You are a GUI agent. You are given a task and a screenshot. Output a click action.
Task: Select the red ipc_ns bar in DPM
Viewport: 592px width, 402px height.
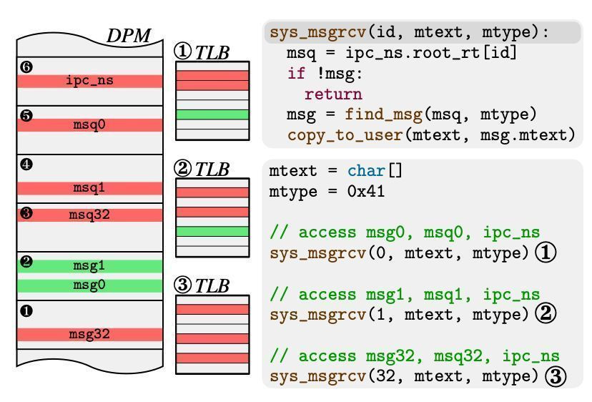click(90, 81)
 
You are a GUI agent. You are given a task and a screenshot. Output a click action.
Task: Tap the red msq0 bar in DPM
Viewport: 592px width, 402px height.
click(90, 124)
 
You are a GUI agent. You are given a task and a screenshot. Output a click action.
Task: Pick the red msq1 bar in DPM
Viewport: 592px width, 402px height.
click(90, 188)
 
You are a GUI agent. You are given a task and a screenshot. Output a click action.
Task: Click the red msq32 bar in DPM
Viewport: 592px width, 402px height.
click(90, 214)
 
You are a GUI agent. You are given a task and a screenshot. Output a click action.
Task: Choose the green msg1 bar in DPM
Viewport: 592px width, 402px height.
click(90, 265)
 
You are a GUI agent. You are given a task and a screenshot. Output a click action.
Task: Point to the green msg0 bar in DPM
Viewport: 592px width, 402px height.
click(90, 285)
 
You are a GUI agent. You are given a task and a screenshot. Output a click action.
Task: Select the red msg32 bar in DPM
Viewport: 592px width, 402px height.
click(90, 334)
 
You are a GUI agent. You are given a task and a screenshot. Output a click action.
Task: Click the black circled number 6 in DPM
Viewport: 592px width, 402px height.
click(27, 67)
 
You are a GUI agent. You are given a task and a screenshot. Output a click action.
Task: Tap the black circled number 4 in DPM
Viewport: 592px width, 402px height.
click(27, 165)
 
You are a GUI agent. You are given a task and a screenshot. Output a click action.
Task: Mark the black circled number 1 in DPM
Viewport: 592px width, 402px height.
click(27, 311)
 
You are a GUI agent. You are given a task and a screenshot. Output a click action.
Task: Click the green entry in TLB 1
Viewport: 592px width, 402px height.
click(212, 114)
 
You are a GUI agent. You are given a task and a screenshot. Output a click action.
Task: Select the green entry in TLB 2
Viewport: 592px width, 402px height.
click(212, 231)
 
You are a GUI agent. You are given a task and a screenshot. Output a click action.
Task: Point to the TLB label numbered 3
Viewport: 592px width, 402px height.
click(202, 285)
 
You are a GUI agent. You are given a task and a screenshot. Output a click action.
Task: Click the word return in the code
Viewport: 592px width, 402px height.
click(333, 94)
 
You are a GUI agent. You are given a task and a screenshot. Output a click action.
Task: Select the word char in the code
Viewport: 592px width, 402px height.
click(367, 171)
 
